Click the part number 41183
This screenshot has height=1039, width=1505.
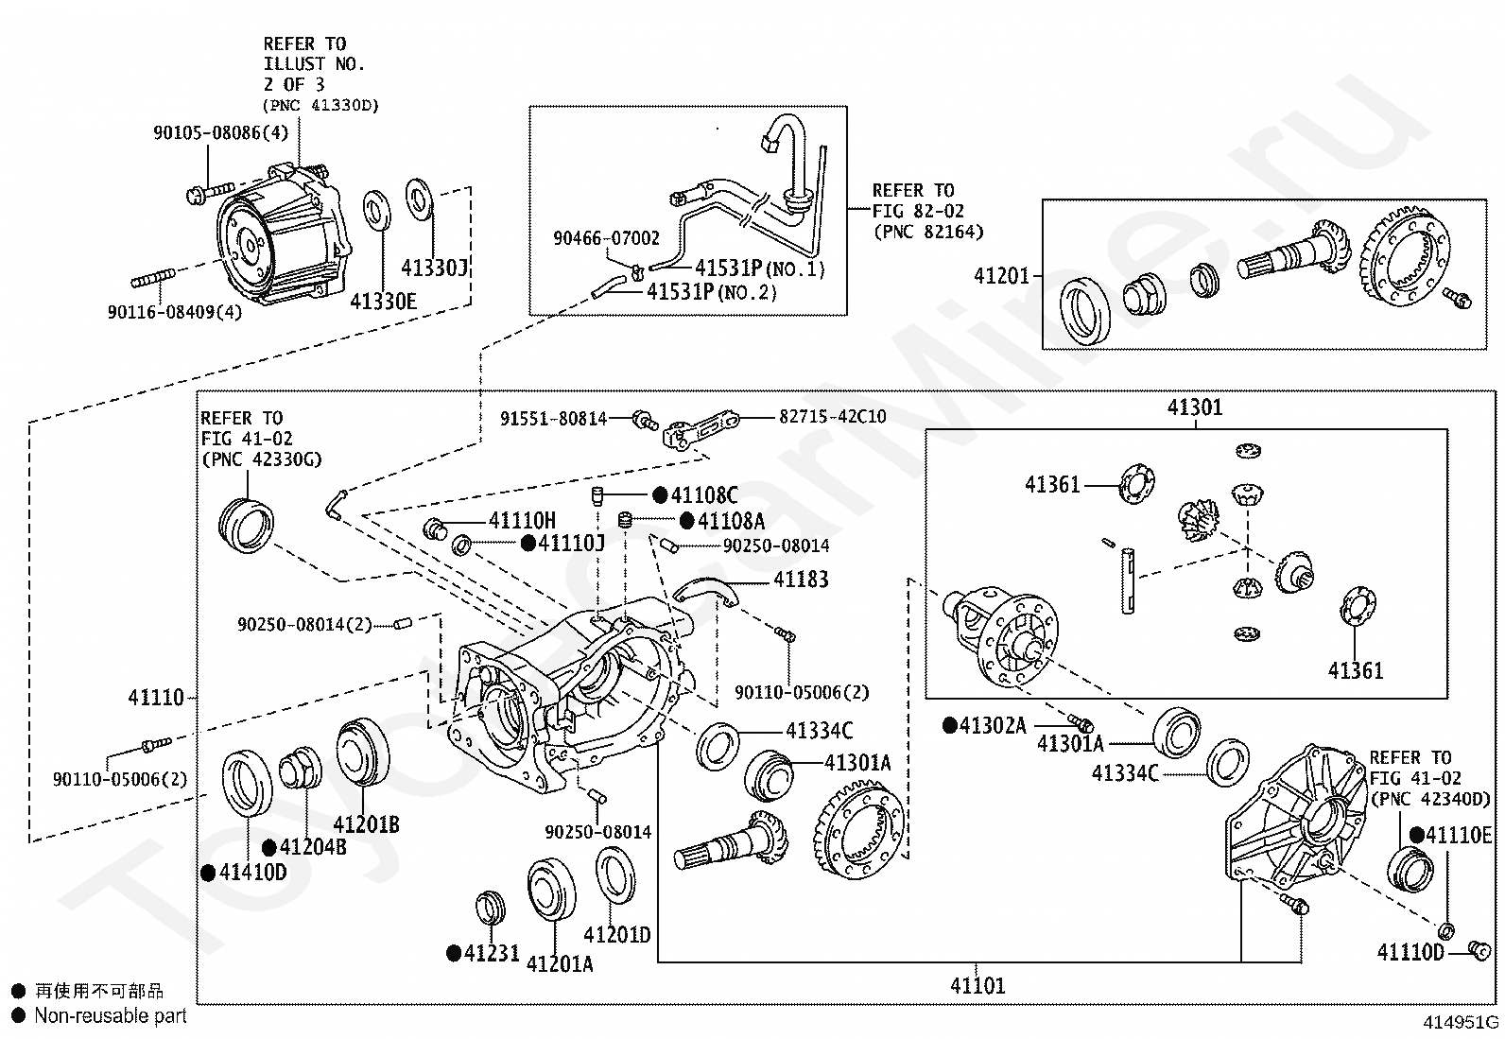[x=801, y=580]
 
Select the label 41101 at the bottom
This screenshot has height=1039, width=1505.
[x=977, y=986]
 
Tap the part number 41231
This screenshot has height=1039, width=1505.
[x=492, y=953]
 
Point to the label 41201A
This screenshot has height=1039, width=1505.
[x=560, y=963]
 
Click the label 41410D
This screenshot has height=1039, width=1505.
[x=252, y=872]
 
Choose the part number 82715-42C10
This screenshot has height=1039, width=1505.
[x=833, y=417]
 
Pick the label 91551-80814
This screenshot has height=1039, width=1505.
[x=553, y=418]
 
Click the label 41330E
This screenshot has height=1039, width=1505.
[x=383, y=302]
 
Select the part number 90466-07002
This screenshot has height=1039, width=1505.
[x=606, y=239]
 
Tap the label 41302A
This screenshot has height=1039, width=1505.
[x=993, y=725]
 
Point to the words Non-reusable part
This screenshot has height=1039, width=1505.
[x=111, y=1016]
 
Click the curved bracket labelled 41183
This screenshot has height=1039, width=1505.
[x=704, y=588]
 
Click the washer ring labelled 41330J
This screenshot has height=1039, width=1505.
[x=418, y=198]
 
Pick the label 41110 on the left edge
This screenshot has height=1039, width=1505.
[x=156, y=699]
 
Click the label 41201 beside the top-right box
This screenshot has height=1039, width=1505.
[x=1001, y=276]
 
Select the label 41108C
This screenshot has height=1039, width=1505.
[x=703, y=494]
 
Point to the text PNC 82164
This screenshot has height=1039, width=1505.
[x=927, y=232]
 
